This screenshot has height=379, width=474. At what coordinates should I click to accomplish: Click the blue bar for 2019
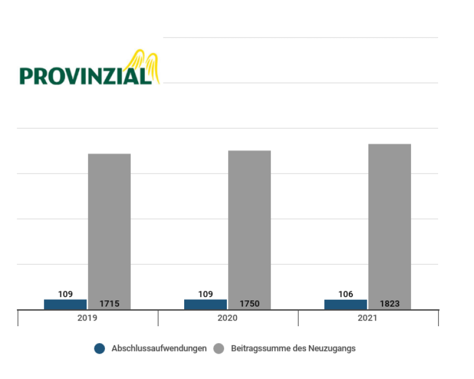pyautogui.click(x=65, y=304)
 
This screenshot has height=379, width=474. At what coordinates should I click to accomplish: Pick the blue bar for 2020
pyautogui.click(x=206, y=304)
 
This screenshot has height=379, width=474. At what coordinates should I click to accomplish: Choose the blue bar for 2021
pyautogui.click(x=345, y=304)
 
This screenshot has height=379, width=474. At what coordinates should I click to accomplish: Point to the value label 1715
pyautogui.click(x=109, y=304)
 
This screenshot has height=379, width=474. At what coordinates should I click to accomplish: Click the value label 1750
pyautogui.click(x=249, y=304)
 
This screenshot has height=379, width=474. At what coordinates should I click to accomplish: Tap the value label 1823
pyautogui.click(x=389, y=304)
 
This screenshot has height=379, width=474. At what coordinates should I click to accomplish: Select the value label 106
pyautogui.click(x=346, y=294)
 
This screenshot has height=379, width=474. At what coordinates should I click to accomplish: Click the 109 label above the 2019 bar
pyautogui.click(x=65, y=294)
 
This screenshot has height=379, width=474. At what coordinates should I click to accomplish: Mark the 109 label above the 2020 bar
pyautogui.click(x=206, y=294)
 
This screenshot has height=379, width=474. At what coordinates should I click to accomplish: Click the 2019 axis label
pyautogui.click(x=88, y=318)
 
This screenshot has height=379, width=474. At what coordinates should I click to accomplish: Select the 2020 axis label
pyautogui.click(x=227, y=318)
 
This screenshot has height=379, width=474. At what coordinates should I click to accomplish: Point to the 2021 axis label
pyautogui.click(x=368, y=318)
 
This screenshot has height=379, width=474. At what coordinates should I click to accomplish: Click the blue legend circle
pyautogui.click(x=100, y=349)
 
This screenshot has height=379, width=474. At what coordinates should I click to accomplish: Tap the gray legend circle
pyautogui.click(x=219, y=349)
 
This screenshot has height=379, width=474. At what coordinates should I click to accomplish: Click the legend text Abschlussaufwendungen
pyautogui.click(x=159, y=349)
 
